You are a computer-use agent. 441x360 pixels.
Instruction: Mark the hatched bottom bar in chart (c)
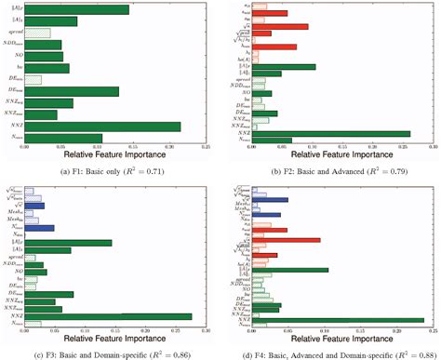point(33,324)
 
